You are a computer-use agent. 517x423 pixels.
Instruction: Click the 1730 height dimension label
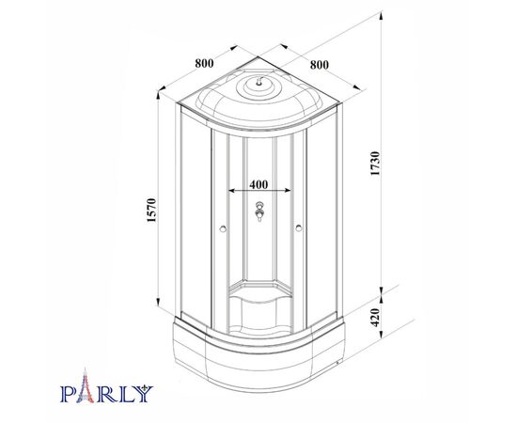[376, 164]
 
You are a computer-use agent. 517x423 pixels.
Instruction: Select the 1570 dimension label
[151, 210]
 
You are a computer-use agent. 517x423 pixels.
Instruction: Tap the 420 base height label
[376, 317]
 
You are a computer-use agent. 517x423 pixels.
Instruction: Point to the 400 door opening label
[258, 184]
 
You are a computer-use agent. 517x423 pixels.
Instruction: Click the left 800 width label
[204, 63]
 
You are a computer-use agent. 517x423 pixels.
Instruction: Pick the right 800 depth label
[320, 65]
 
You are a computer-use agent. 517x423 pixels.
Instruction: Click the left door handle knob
[223, 228]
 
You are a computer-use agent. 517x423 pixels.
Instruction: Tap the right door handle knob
[298, 228]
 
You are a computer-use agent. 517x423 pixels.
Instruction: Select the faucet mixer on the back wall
[259, 211]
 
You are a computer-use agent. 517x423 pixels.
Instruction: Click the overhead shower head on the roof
[259, 81]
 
